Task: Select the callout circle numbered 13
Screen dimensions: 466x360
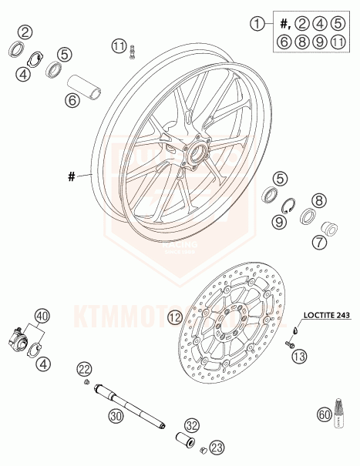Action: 299,356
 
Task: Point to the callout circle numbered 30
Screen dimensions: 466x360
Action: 116,417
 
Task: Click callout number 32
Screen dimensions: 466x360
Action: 192,424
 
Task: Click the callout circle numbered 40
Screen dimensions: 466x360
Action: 41,316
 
